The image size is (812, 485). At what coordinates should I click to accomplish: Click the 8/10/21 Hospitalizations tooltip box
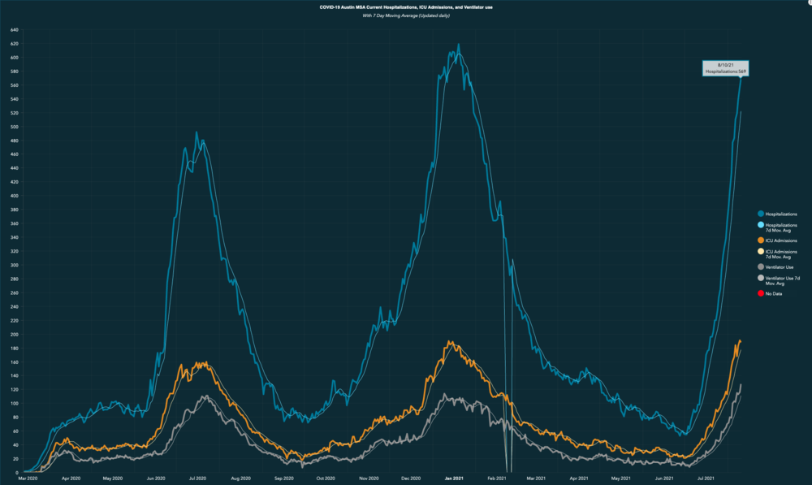725,67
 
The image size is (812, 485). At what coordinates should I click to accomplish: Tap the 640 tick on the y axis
15,30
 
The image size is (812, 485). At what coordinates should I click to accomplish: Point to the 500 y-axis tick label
15,127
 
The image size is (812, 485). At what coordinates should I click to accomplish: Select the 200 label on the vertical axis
15,334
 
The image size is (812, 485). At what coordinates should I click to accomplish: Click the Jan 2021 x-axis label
453,479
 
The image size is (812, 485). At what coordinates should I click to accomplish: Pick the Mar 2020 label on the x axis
28,479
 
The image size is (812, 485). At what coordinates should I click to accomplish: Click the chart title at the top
406,6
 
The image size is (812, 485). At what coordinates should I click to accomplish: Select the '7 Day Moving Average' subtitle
406,16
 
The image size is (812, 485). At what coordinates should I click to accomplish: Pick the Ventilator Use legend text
780,266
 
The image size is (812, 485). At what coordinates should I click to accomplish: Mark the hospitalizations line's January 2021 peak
458,45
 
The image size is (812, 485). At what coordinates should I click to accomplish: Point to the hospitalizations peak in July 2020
197,132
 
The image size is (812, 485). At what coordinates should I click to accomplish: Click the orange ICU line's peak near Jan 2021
450,341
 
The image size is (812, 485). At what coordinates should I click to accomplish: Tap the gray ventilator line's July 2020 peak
207,396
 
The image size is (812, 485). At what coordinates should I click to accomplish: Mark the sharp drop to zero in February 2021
509,470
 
